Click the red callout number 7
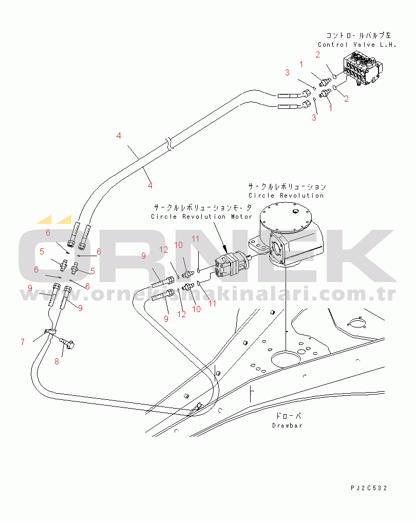[23, 341]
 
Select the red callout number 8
[57, 361]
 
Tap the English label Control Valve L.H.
[357, 45]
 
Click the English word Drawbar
[287, 426]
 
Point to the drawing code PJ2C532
[369, 488]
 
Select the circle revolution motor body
[231, 265]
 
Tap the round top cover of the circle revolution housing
[286, 218]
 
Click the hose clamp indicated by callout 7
[50, 332]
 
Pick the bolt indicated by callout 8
[67, 342]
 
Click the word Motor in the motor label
[241, 217]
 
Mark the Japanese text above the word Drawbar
[288, 416]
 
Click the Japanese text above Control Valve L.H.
[358, 35]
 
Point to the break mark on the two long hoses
[169, 144]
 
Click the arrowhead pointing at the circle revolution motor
[224, 249]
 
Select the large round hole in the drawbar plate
[286, 359]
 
